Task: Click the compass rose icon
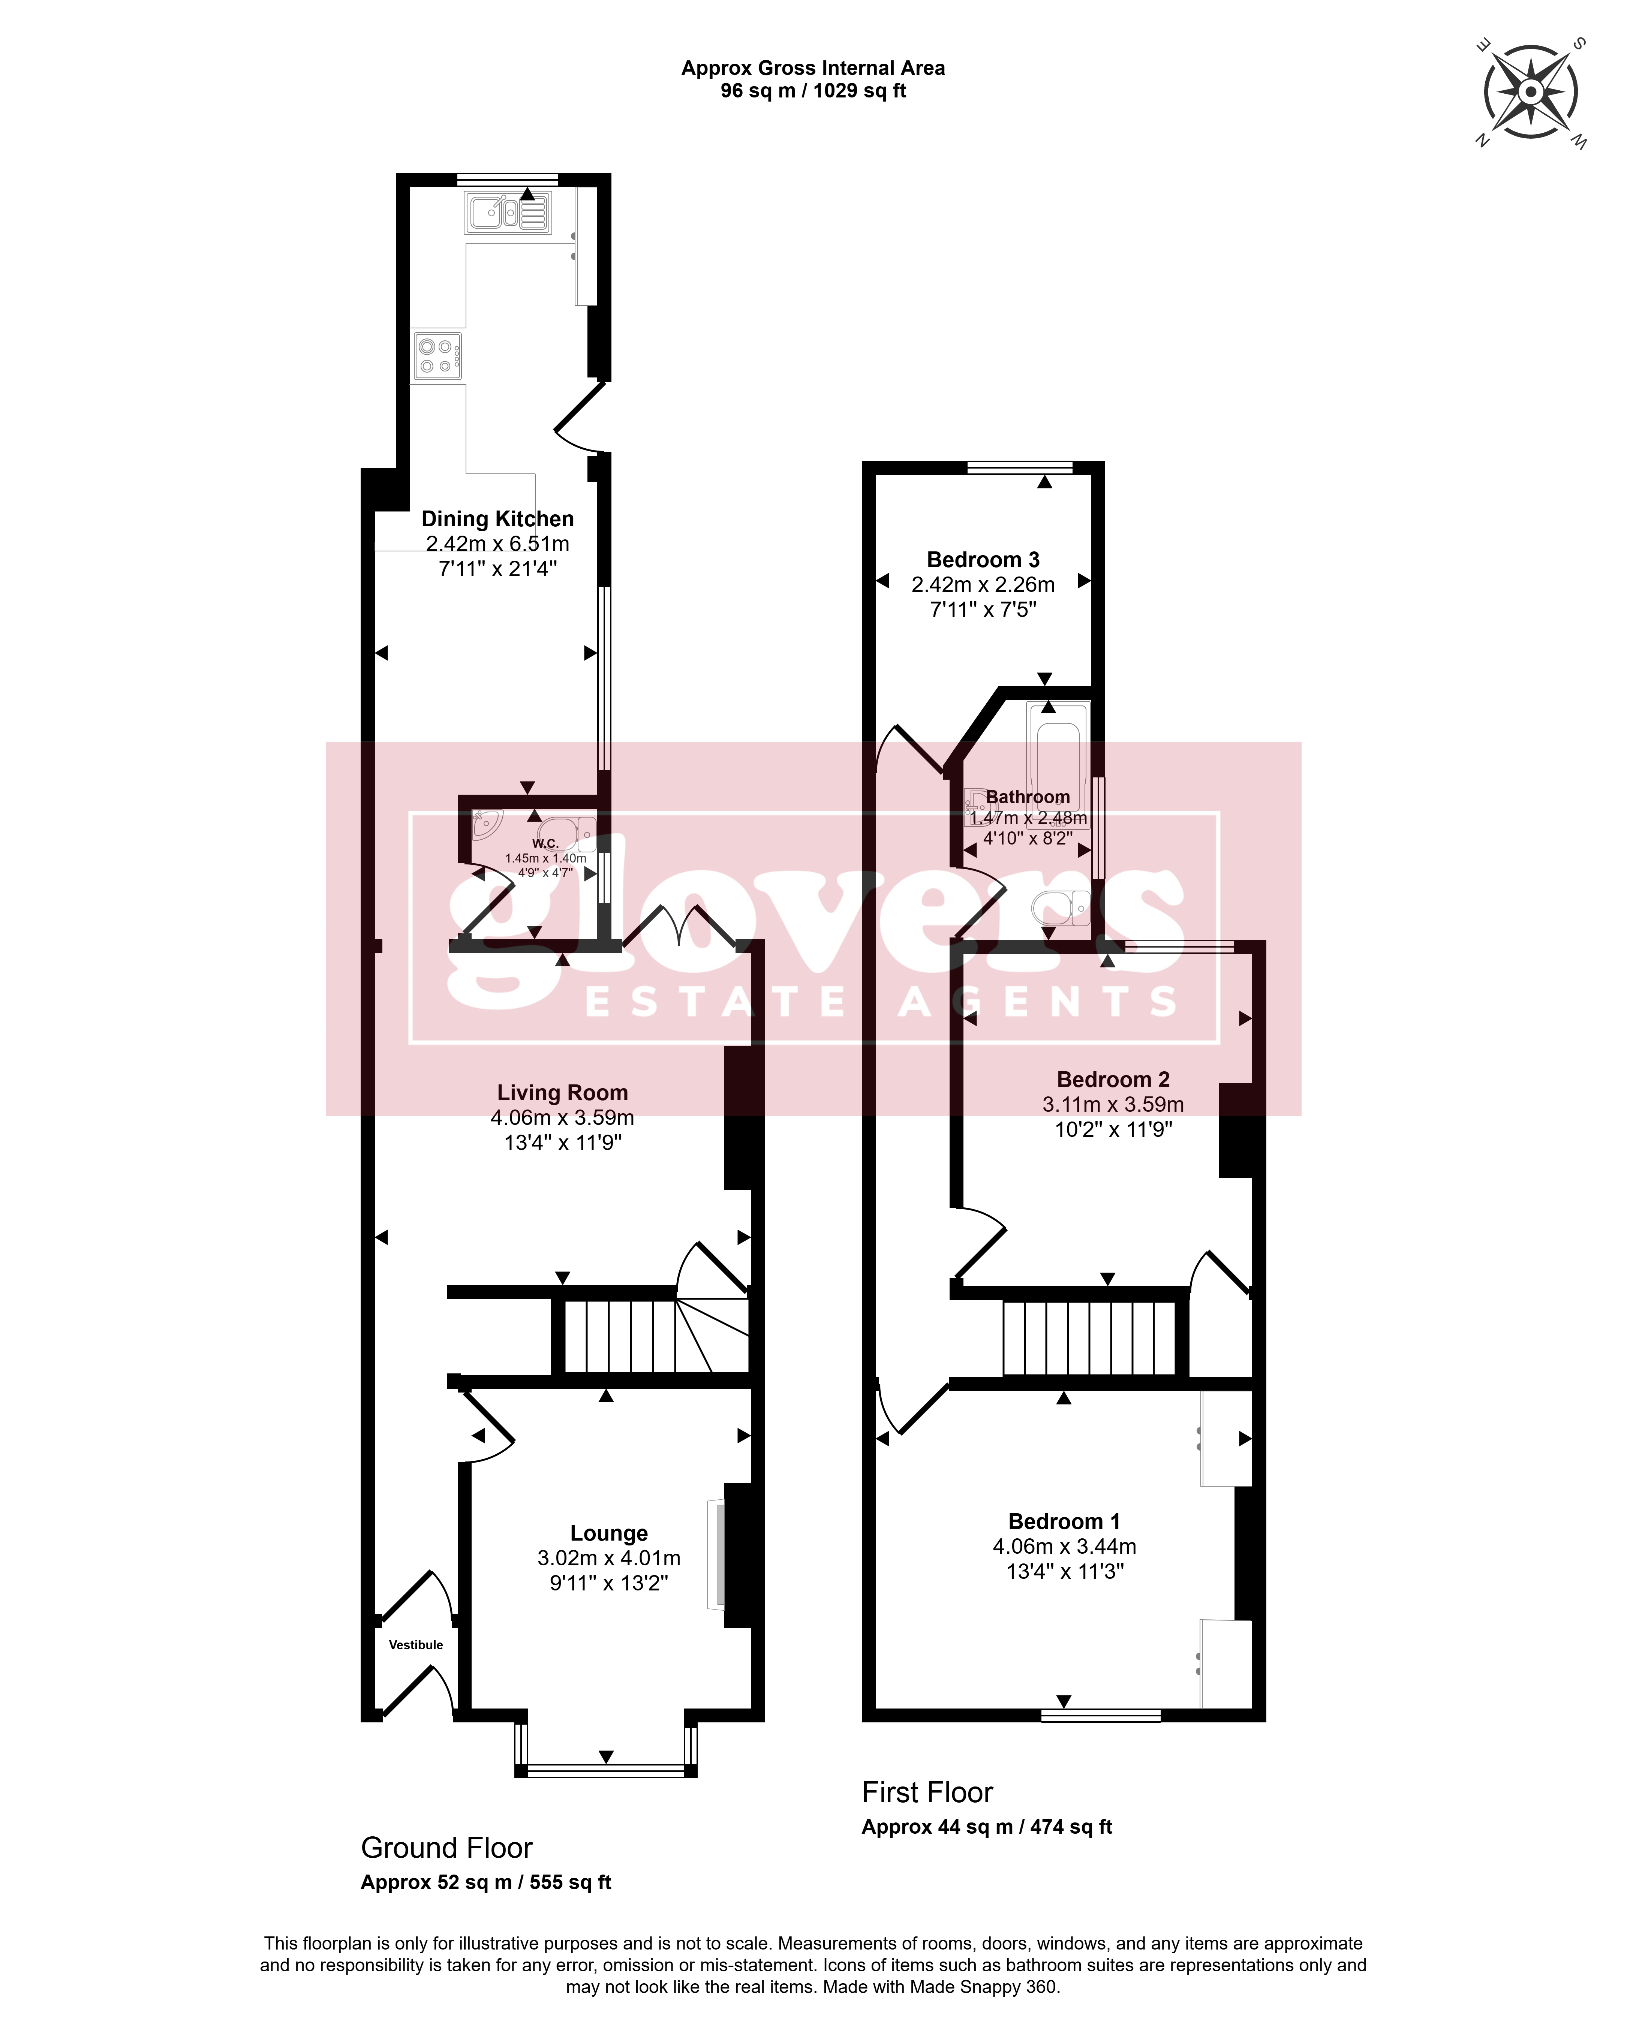(x=1530, y=92)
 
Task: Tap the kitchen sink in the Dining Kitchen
(x=508, y=213)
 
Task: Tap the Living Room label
(x=562, y=1093)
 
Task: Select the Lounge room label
(x=609, y=1533)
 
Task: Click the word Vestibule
(x=415, y=1644)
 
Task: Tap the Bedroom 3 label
(x=983, y=560)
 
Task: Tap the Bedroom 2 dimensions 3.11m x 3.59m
(x=1113, y=1104)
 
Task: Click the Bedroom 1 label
(x=1064, y=1521)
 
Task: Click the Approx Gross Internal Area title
(x=813, y=68)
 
